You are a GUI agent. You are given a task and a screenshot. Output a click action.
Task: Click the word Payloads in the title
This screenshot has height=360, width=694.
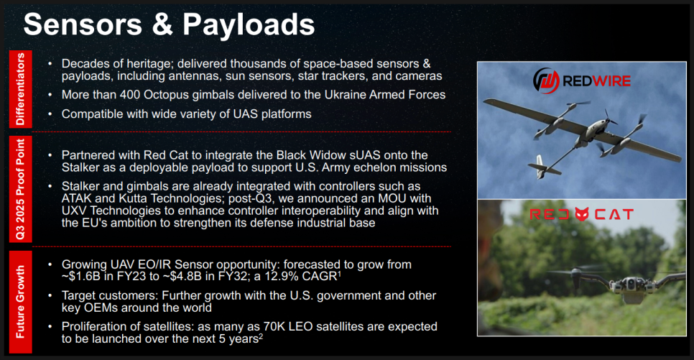click(249, 25)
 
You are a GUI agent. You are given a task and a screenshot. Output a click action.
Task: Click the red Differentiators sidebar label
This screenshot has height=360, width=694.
click(20, 89)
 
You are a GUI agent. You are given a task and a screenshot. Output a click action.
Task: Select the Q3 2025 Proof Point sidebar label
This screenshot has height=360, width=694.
click(20, 189)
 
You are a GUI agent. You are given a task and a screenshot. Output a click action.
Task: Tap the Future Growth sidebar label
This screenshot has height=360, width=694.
click(20, 302)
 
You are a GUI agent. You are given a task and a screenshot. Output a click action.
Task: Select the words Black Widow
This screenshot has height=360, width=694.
click(310, 155)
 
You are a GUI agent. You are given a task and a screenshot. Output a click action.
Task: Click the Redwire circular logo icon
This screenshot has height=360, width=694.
click(546, 81)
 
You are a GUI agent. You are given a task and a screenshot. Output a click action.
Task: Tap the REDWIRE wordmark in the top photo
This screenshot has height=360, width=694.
click(596, 81)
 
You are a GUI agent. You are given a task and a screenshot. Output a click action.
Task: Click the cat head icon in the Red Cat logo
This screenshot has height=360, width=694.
click(582, 214)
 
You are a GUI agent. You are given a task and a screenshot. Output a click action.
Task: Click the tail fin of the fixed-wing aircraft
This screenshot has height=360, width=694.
click(540, 167)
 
